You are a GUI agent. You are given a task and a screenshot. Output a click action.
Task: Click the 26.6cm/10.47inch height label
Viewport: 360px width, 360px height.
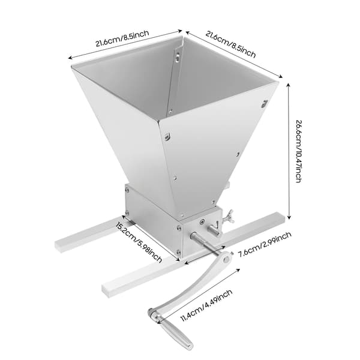click(x=298, y=152)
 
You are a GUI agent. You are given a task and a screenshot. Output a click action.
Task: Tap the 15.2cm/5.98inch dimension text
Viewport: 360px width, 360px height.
click(x=139, y=242)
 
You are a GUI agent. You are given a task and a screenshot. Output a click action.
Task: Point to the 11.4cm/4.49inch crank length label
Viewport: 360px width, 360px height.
click(x=206, y=305)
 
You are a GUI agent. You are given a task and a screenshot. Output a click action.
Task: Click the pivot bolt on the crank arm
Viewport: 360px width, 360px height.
click(x=226, y=260)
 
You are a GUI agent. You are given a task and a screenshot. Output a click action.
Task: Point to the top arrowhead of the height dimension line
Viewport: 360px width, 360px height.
click(x=289, y=85)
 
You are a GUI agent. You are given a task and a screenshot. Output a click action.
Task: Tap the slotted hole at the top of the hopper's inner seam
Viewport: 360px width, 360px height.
click(x=178, y=56)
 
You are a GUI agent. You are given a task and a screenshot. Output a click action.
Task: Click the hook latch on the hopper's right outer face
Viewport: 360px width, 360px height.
click(x=265, y=104)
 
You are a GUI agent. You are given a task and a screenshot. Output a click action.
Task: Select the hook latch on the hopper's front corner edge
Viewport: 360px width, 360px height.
click(x=167, y=136)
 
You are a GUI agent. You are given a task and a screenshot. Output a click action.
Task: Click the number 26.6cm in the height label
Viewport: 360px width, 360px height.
click(x=298, y=132)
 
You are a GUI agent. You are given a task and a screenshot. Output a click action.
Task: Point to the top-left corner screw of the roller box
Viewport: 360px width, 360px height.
click(x=127, y=189)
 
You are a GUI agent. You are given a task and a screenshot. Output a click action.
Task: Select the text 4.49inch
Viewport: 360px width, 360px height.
click(x=218, y=298)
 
